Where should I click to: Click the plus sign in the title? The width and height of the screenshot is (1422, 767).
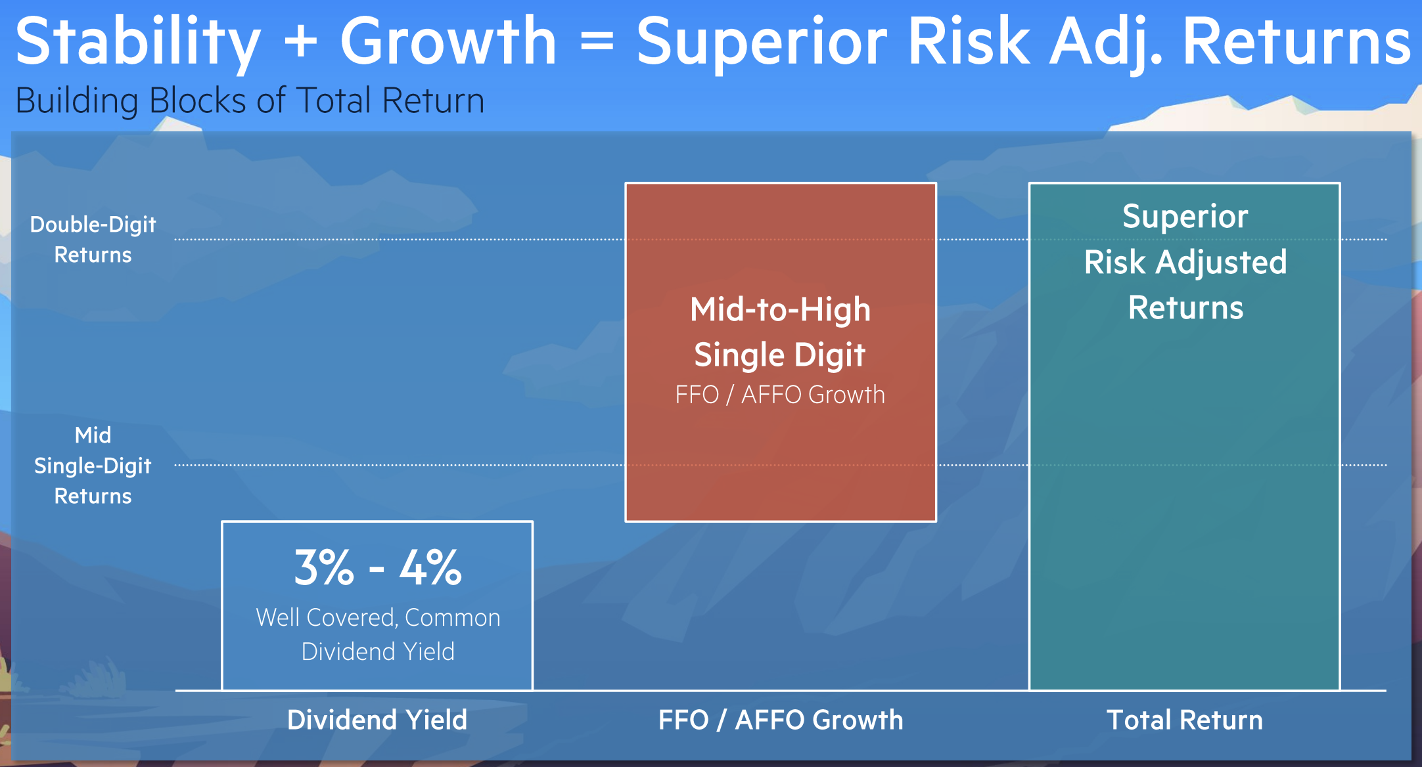tap(300, 42)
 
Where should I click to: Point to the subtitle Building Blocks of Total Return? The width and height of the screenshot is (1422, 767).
tap(250, 100)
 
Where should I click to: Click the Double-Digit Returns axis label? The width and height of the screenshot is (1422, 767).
tap(93, 239)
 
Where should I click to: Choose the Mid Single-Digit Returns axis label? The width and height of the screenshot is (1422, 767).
tap(93, 465)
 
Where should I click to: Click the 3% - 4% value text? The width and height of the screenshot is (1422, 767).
tap(378, 567)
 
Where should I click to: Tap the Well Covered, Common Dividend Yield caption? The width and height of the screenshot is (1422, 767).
tap(378, 634)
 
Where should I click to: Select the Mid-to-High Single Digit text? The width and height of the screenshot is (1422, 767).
tap(781, 332)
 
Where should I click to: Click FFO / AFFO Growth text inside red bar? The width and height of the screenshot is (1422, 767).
tap(780, 395)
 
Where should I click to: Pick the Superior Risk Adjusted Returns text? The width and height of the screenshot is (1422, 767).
tap(1185, 262)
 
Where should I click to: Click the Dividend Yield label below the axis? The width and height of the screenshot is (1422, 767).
tap(377, 720)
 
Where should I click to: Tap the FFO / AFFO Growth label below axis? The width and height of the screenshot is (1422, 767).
tap(781, 720)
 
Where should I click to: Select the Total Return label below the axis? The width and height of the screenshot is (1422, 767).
tap(1185, 720)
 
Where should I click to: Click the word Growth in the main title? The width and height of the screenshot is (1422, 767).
tap(449, 41)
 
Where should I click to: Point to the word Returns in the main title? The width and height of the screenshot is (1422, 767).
tap(1297, 41)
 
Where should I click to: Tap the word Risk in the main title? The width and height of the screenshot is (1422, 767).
tap(969, 41)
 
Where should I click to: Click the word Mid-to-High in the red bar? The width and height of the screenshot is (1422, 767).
tap(781, 309)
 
